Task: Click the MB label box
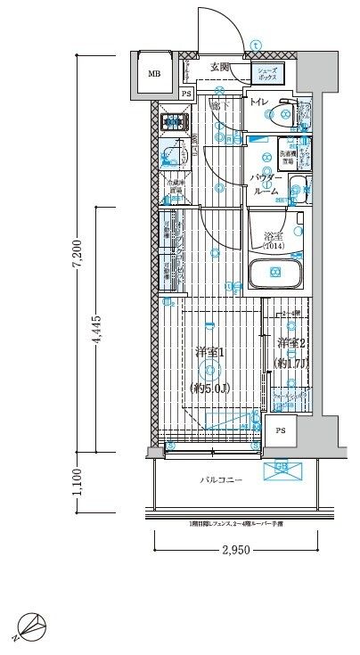[154, 73]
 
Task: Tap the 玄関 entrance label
[220, 67]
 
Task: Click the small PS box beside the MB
[185, 94]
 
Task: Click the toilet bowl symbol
[283, 113]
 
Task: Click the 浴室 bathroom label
[272, 236]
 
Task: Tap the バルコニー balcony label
[218, 480]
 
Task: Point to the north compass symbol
[29, 628]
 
